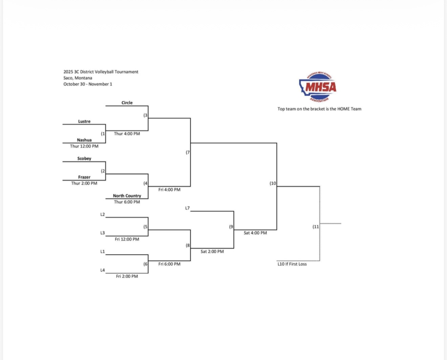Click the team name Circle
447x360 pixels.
[127, 103]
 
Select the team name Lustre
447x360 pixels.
[84, 121]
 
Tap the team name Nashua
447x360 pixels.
[84, 140]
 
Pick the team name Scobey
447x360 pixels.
[84, 159]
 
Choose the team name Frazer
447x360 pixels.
[84, 177]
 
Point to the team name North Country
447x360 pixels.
[127, 196]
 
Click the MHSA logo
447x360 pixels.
[318, 87]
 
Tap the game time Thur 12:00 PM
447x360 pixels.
[84, 146]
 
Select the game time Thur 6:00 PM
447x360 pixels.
[127, 202]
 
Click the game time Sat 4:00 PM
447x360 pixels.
[255, 233]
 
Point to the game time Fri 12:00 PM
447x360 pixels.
[127, 239]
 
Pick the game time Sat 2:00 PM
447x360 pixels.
[212, 252]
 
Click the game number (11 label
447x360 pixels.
[316, 227]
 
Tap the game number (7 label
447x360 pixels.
[188, 153]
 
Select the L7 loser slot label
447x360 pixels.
[187, 208]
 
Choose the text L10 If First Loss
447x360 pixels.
[292, 264]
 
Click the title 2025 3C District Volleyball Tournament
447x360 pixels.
[101, 72]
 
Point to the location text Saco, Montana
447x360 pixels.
[78, 78]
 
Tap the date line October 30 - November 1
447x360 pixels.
[88, 84]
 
